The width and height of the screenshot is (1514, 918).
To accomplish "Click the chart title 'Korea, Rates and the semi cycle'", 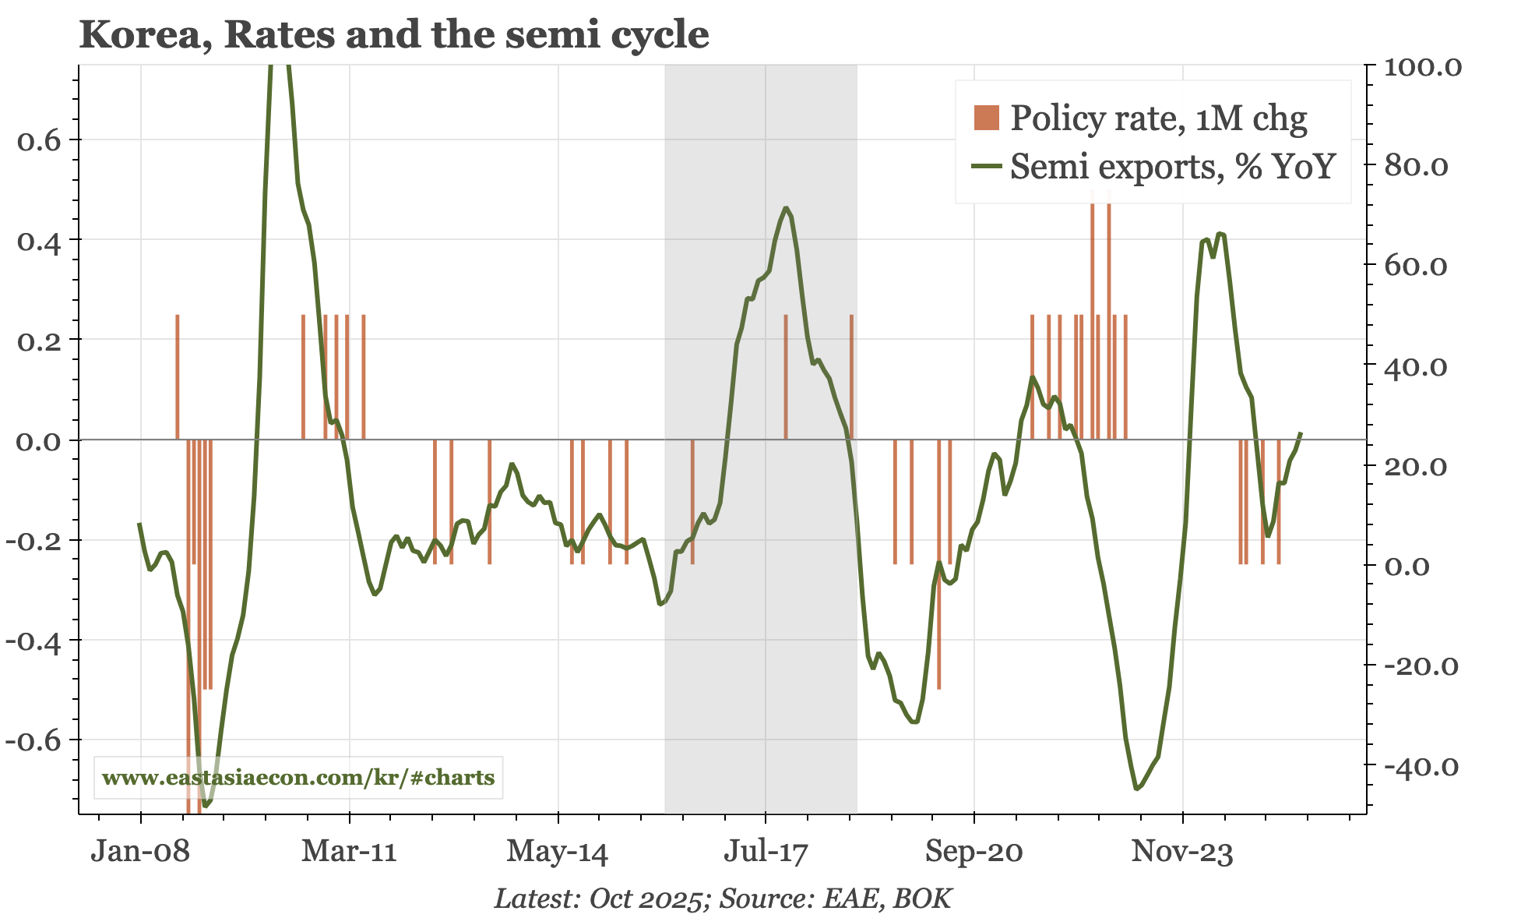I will click(x=394, y=35).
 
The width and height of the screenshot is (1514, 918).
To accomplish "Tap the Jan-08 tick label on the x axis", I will click(x=140, y=851).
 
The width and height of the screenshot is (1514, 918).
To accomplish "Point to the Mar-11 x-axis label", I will click(x=349, y=851).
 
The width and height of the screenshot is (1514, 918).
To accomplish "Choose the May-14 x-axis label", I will click(x=558, y=851).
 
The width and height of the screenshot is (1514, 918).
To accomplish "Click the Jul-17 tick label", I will click(x=766, y=851).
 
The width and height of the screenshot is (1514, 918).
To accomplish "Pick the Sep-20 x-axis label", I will click(x=974, y=851).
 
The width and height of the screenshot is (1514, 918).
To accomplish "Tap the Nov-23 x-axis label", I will click(x=1182, y=851).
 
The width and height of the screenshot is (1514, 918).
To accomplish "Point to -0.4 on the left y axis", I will click(x=33, y=641).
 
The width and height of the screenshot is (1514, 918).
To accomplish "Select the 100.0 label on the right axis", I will click(x=1423, y=67).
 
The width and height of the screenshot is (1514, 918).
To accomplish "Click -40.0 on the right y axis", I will click(x=1421, y=768).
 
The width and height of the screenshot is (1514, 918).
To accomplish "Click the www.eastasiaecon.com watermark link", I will click(x=298, y=778).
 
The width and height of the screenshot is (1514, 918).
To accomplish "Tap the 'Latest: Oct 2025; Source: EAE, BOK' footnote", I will click(x=723, y=899).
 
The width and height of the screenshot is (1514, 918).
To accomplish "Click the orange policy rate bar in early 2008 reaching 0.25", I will click(x=178, y=377).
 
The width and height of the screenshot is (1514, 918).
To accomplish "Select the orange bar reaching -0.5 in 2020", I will click(x=938, y=564).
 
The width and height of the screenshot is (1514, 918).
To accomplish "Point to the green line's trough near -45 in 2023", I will click(x=1137, y=789).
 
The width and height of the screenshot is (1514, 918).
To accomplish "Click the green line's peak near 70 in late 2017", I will click(x=787, y=208).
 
